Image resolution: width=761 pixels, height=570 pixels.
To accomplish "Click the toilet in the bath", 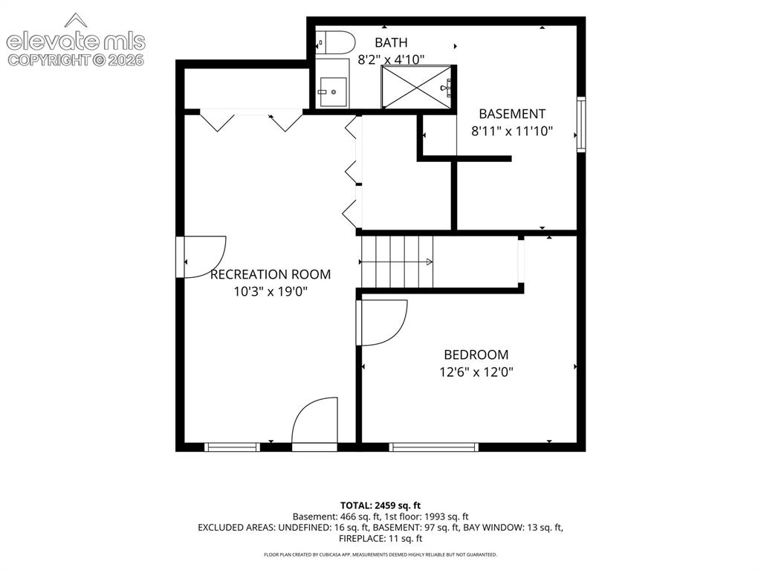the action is (335, 42).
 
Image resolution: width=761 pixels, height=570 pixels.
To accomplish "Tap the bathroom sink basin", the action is (333, 92).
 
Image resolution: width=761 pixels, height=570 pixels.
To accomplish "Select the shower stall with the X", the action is (417, 87).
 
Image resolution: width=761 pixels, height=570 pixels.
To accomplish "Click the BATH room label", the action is (391, 42).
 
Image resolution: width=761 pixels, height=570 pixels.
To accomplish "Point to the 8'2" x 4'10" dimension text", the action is (391, 59).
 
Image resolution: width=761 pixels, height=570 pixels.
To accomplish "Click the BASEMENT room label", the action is (512, 114).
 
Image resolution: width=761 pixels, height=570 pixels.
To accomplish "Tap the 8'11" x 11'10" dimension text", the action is (512, 131).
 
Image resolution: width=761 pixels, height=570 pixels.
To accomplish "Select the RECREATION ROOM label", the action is (271, 274).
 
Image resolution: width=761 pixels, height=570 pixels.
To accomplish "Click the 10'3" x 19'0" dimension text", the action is (271, 292).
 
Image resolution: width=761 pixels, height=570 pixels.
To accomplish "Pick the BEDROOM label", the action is (476, 354).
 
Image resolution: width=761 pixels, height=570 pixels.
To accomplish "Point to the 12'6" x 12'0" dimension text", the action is (476, 372).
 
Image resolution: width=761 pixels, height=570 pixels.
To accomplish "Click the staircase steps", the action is (397, 262).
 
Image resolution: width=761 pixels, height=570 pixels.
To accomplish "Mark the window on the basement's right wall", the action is (581, 124).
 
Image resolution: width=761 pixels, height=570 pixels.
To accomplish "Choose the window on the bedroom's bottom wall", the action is (434, 447).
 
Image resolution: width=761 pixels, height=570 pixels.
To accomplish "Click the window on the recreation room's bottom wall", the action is (232, 447).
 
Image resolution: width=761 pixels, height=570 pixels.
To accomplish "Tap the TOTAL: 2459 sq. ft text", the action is (380, 505).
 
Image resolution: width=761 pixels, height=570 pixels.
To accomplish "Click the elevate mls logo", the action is (76, 40).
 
